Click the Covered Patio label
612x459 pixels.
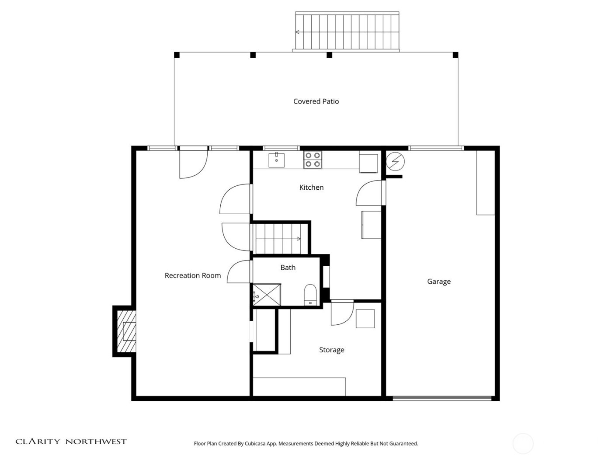click(316, 101)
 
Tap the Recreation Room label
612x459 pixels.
click(192, 275)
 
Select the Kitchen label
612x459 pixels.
click(311, 187)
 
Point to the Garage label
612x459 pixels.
click(438, 282)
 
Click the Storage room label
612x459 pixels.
click(331, 350)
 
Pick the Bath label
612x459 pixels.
click(288, 268)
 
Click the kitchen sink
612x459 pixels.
click(276, 160)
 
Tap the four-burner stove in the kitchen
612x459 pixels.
click(313, 160)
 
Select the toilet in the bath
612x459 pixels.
click(310, 295)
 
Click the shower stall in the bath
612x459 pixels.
click(267, 295)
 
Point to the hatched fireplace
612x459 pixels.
click(125, 331)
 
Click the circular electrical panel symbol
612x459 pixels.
click(395, 162)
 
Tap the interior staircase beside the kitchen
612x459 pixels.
click(280, 239)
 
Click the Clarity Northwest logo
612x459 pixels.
click(71, 442)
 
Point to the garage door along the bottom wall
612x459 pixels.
click(442, 398)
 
